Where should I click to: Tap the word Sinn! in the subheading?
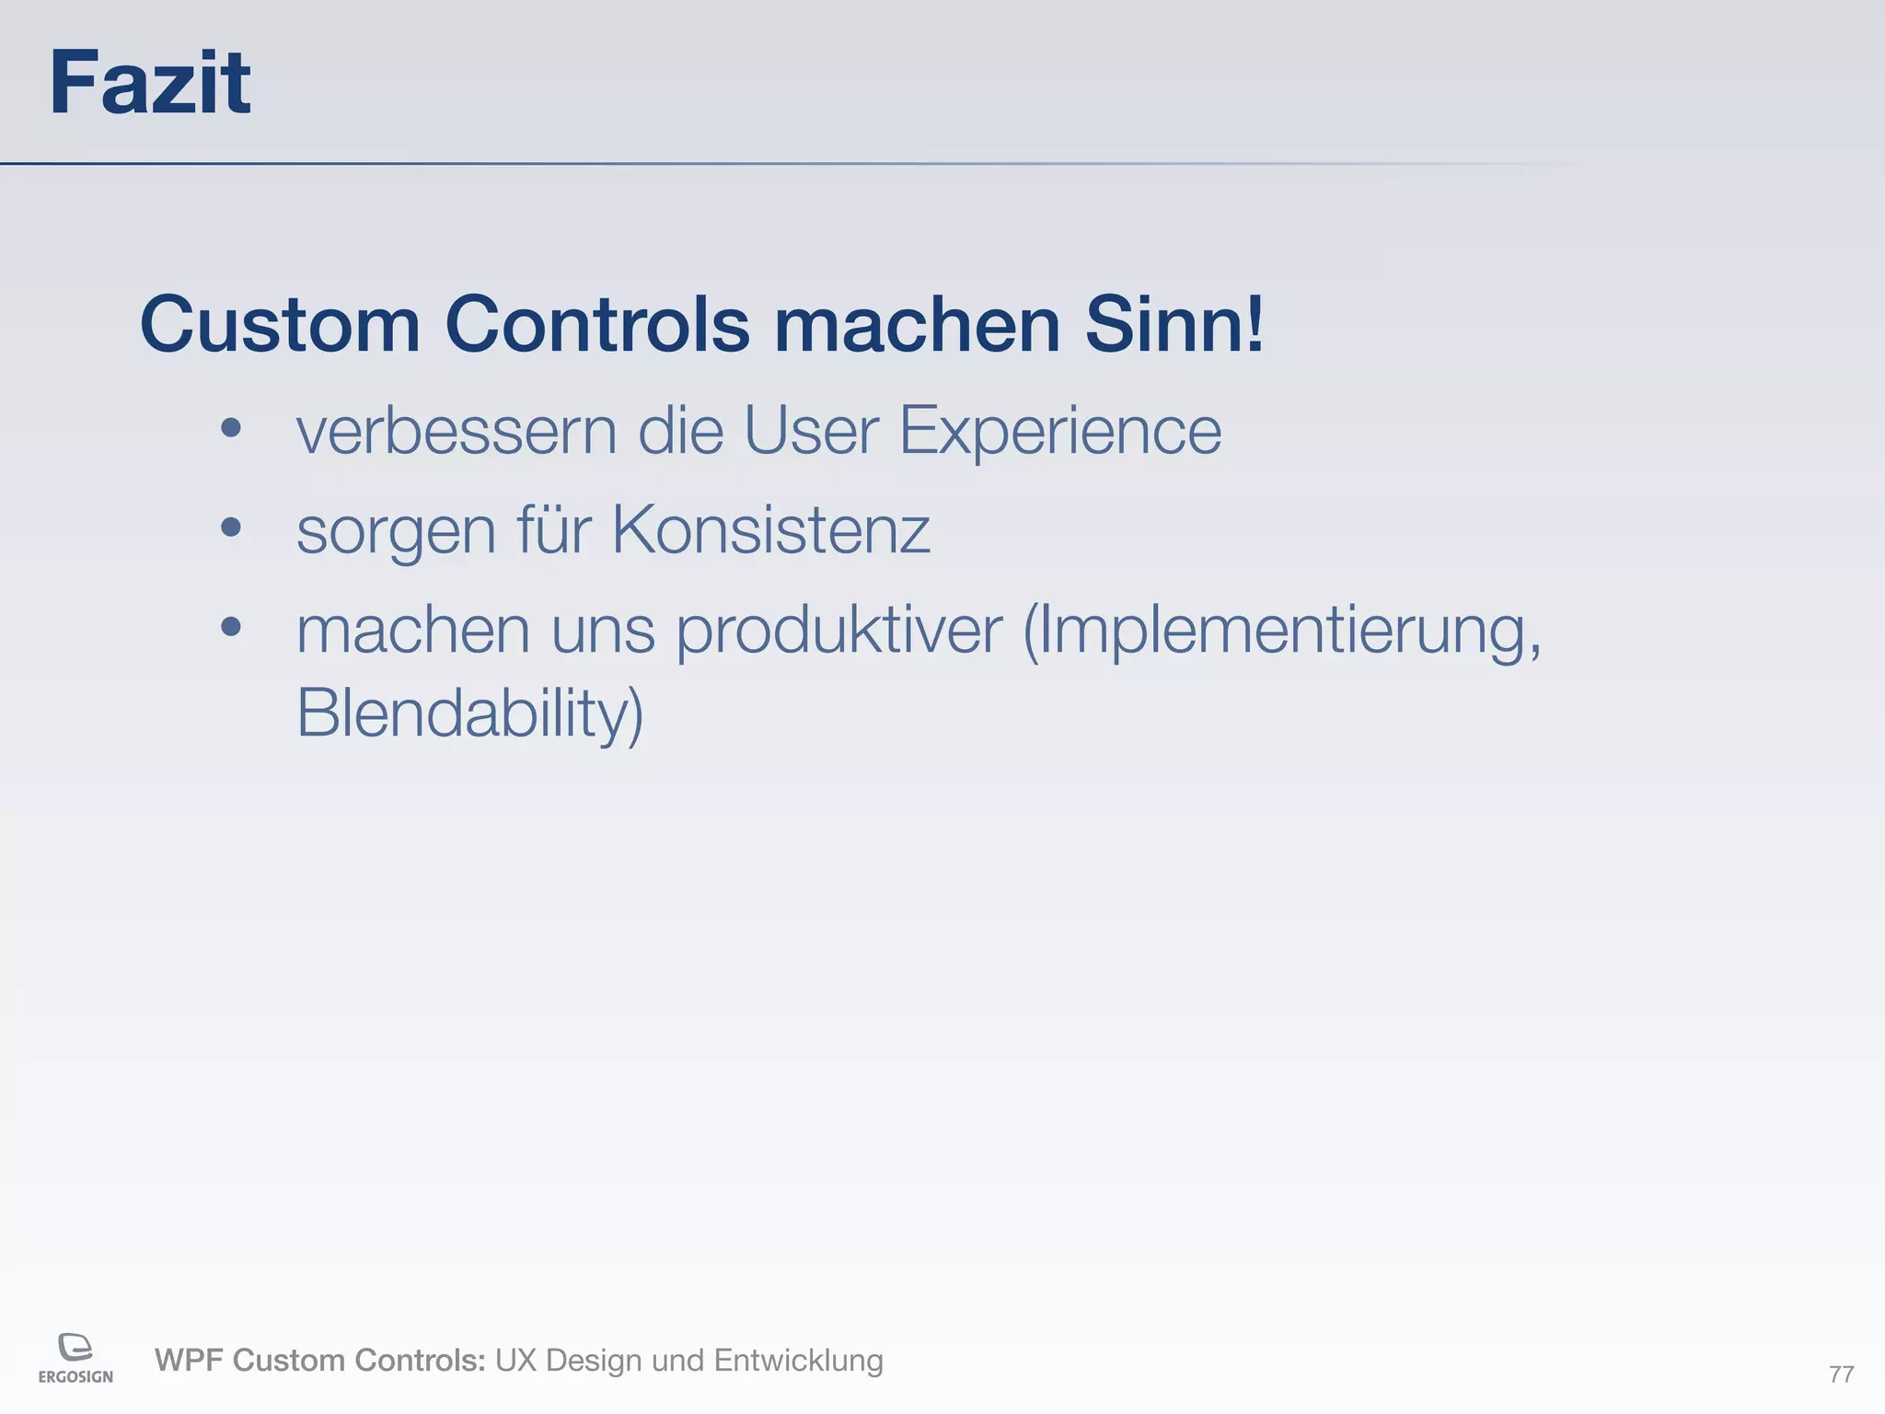click(x=1174, y=325)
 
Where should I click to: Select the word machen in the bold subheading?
click(x=918, y=325)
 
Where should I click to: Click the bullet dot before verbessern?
click(x=231, y=428)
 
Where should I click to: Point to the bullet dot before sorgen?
click(x=231, y=527)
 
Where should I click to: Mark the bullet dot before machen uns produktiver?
click(x=231, y=628)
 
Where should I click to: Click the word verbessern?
click(x=456, y=430)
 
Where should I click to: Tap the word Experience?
click(x=1060, y=432)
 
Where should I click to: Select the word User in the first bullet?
click(x=811, y=430)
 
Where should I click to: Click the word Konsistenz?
click(x=771, y=530)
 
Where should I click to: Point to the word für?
click(x=554, y=530)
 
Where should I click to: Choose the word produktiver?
click(x=839, y=632)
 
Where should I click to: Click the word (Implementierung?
click(x=1282, y=632)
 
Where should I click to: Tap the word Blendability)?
click(x=470, y=713)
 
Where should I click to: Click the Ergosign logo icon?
click(x=75, y=1347)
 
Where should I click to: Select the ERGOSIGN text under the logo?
click(x=75, y=1377)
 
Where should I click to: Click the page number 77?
click(x=1841, y=1374)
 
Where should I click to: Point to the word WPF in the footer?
click(x=189, y=1361)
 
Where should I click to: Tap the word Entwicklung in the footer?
click(x=798, y=1361)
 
